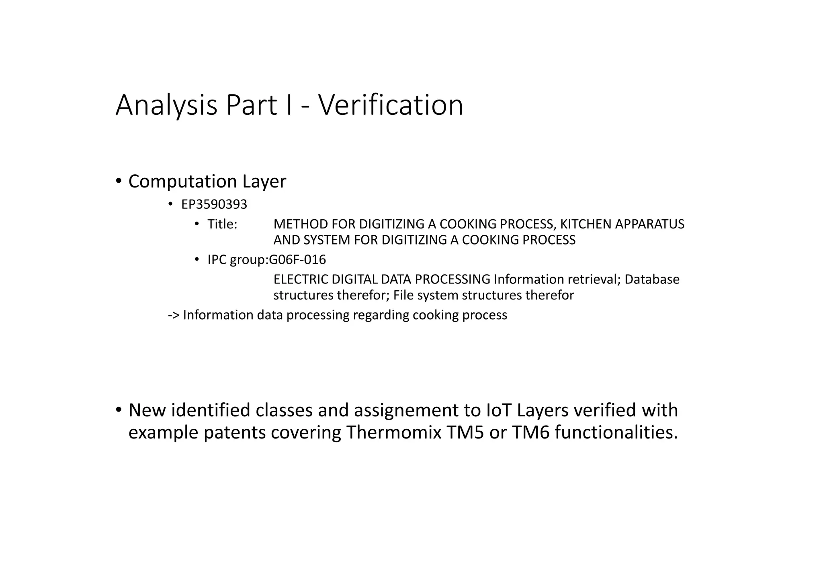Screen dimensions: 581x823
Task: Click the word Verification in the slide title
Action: (x=391, y=105)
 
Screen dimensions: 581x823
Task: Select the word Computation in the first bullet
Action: (x=182, y=181)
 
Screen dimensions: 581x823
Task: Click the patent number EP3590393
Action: (x=214, y=205)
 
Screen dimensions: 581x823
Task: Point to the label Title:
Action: (x=222, y=224)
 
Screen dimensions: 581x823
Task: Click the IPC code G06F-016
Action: (x=297, y=260)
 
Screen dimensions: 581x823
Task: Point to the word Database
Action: (x=652, y=279)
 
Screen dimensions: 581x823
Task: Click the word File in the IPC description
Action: (x=403, y=296)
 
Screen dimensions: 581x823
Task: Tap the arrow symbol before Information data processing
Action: (x=174, y=315)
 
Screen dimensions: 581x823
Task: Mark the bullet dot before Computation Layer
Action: (x=119, y=181)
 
